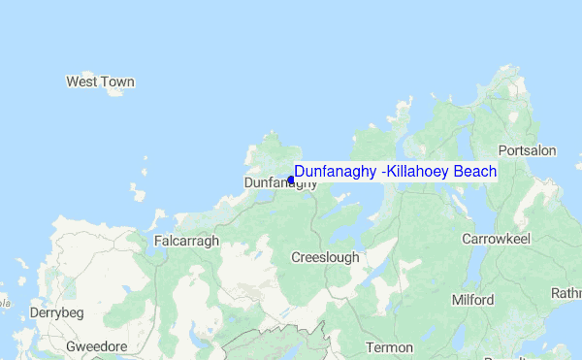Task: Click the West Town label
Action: click(100, 82)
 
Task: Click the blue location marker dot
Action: click(291, 180)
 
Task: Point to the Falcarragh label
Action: click(186, 241)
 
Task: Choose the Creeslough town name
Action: click(325, 257)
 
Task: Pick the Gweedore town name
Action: click(97, 346)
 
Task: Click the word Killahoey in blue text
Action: click(422, 172)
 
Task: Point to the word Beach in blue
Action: click(477, 172)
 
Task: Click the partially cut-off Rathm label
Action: click(566, 292)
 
